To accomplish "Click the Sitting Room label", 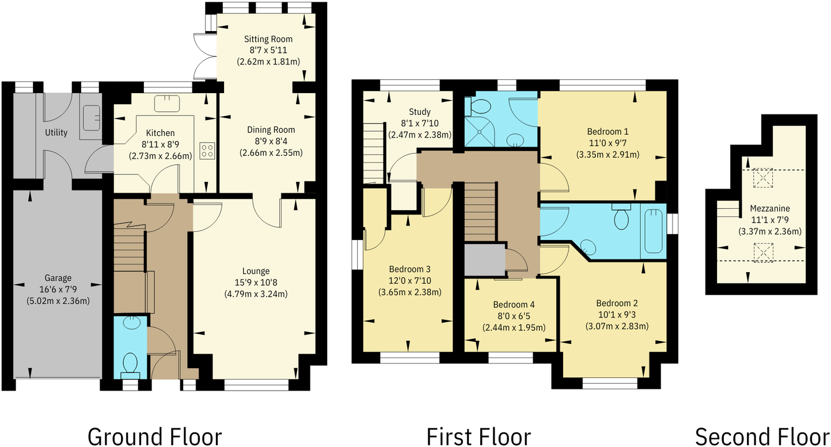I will tap(268, 39).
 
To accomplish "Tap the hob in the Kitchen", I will tap(207, 151).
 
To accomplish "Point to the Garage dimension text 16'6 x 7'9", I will tap(56, 289).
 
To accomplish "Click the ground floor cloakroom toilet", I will tap(130, 364).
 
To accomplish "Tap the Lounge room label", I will tap(256, 271).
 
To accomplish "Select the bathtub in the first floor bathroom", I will tap(654, 230).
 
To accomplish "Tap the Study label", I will tap(419, 112).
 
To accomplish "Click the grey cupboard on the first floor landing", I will tap(485, 260).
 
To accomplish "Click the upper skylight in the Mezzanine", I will tap(762, 178).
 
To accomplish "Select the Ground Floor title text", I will tap(154, 436).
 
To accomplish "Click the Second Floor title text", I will tap(762, 436).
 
